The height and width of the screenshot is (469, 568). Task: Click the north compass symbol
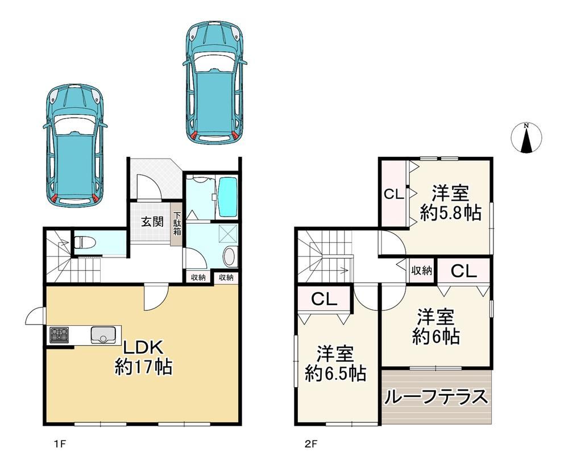[526, 138]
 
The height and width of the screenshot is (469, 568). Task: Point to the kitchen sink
[103, 335]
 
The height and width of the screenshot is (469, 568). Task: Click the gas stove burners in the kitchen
[59, 335]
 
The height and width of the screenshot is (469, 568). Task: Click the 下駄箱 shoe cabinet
[177, 223]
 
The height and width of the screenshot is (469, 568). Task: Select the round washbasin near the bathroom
[229, 256]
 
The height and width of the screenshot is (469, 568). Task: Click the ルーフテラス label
[436, 397]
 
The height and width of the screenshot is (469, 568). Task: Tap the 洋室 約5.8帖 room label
[451, 203]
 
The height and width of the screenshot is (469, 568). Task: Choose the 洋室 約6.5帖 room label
[335, 364]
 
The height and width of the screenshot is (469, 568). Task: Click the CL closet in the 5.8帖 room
[393, 194]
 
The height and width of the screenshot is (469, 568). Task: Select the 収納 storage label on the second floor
[422, 270]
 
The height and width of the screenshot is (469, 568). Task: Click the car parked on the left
[75, 145]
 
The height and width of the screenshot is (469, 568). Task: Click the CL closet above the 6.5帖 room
[324, 299]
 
